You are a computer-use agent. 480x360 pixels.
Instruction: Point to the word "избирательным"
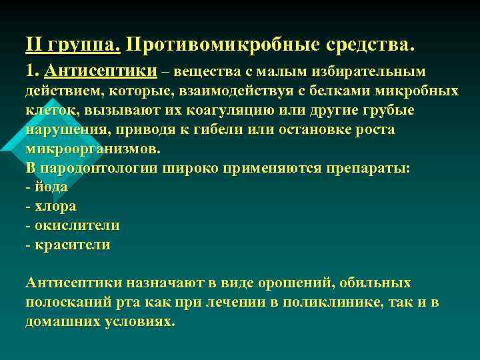click(x=375, y=71)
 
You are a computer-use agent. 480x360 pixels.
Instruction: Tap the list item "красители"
click(x=72, y=245)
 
